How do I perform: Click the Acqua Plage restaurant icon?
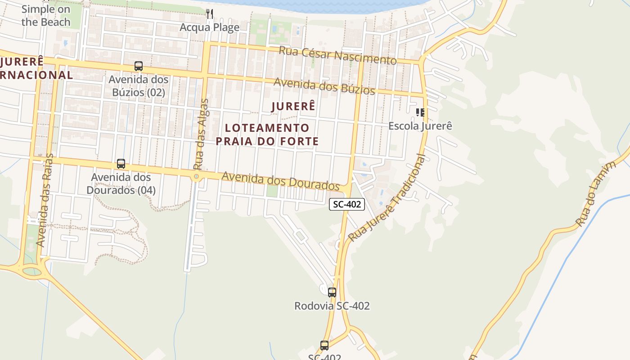pos(210,14)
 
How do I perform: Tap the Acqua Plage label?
pos(210,27)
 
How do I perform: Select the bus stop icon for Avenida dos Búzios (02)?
pos(139,66)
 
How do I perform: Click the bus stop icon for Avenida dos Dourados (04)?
pos(121,164)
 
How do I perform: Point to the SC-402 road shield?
pos(346,204)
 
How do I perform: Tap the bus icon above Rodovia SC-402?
pos(332,292)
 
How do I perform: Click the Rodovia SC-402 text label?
pos(332,306)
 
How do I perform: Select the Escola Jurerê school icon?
pos(420,112)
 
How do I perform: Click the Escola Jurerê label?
pos(420,126)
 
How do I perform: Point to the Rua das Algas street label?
pos(201,134)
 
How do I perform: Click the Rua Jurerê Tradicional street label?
pos(387,198)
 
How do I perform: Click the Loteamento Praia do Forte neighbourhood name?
pos(267,135)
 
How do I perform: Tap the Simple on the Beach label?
pos(46,15)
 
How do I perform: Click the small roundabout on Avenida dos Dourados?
pos(196,177)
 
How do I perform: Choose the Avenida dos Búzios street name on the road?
pos(324,86)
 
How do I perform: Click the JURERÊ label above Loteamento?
pos(293,107)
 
